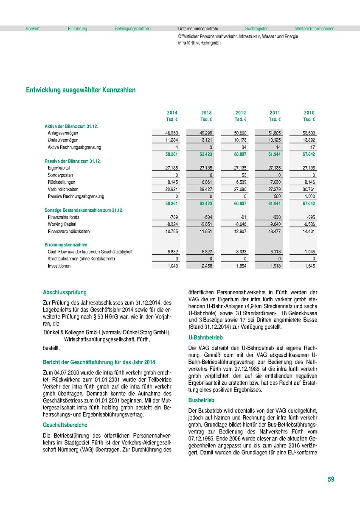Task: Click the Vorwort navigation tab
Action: click(x=32, y=29)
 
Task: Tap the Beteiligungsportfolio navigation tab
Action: click(x=132, y=29)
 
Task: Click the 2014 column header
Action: click(x=172, y=112)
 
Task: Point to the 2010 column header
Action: click(x=309, y=112)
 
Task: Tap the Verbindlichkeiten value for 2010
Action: click(x=308, y=189)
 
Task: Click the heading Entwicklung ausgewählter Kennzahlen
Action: click(x=81, y=90)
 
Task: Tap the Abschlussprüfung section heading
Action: click(x=65, y=292)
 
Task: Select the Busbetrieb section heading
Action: click(x=201, y=400)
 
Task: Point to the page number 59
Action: click(x=331, y=480)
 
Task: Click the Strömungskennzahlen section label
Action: click(x=66, y=245)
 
